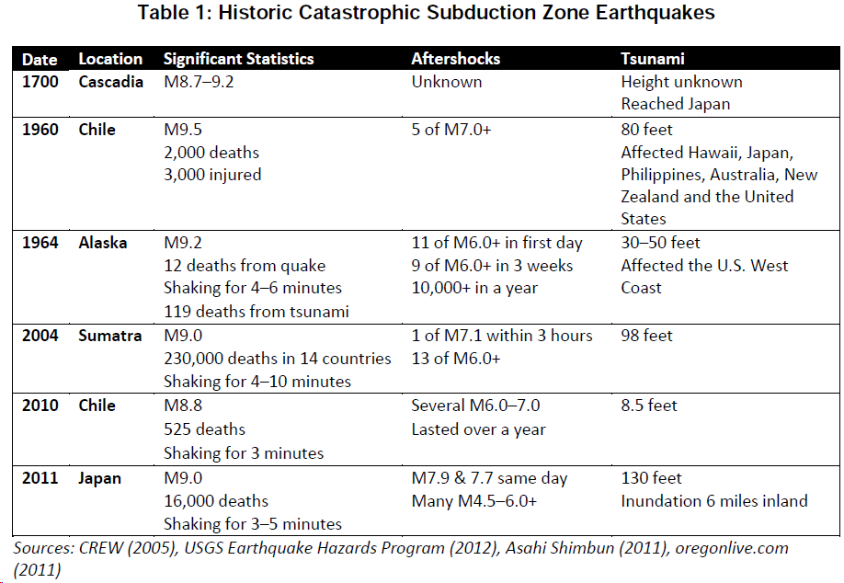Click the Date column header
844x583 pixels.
[40, 59]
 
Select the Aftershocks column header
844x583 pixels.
[455, 59]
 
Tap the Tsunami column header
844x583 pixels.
[653, 59]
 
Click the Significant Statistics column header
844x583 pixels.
[238, 59]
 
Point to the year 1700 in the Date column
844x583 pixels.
[40, 82]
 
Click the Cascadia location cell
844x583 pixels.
[110, 82]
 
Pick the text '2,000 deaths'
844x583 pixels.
[211, 153]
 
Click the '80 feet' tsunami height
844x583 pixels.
[647, 130]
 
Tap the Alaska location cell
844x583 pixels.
[103, 243]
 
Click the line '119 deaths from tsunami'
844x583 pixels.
[257, 312]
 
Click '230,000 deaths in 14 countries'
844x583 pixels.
[278, 359]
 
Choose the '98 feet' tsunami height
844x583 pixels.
[647, 336]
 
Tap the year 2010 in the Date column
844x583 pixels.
[40, 406]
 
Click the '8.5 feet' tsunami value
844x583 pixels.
[649, 406]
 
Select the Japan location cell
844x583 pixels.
[100, 478]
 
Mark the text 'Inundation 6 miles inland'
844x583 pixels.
[714, 501]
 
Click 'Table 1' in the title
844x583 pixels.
[176, 13]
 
